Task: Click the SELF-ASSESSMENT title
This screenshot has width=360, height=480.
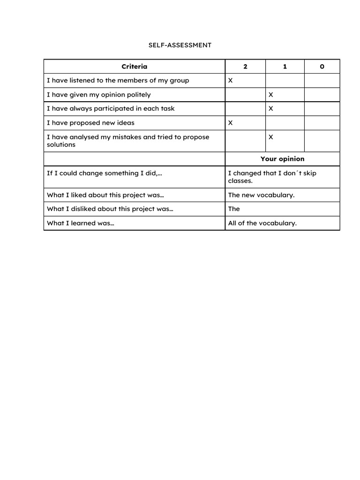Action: click(180, 45)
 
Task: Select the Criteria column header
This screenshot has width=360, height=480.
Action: click(134, 67)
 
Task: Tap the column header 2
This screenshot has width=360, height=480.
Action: click(245, 67)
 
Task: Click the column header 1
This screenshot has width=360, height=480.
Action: click(285, 67)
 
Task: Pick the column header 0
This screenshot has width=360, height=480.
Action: click(322, 67)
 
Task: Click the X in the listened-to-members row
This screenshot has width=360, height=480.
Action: click(230, 81)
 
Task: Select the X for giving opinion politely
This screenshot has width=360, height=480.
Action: click(270, 95)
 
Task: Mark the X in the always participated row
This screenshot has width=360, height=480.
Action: click(270, 109)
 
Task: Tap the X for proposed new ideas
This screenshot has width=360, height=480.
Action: click(230, 123)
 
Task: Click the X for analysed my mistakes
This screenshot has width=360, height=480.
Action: click(270, 137)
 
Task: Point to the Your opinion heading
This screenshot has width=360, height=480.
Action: click(282, 159)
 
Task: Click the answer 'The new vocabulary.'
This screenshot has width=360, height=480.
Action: click(261, 195)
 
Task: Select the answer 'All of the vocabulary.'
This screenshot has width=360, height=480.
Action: click(262, 223)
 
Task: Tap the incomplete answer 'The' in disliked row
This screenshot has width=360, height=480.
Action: click(234, 209)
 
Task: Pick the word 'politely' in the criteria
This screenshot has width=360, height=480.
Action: click(137, 95)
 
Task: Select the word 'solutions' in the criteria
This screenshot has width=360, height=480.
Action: click(61, 145)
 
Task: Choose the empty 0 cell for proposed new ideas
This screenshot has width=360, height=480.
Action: click(322, 123)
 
